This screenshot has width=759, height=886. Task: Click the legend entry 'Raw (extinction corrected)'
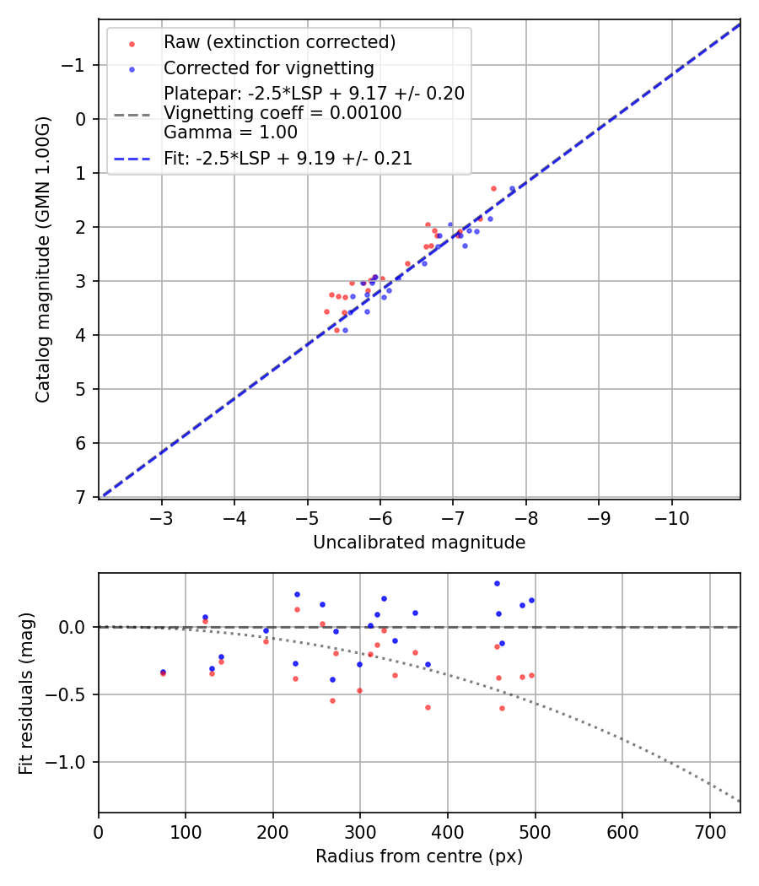point(279,42)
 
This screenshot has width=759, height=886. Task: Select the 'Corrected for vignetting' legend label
point(268,68)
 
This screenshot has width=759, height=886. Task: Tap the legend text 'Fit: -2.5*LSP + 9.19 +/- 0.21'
point(288,158)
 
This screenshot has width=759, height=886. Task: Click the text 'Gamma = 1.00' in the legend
point(230,132)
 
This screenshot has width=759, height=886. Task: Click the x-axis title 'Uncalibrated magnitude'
point(419,543)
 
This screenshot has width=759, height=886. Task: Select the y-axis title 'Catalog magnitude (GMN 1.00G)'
point(43,259)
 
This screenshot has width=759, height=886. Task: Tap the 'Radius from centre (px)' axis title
point(419,856)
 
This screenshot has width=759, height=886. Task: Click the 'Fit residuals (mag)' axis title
point(26,693)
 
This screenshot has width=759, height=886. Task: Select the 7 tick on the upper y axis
point(82,497)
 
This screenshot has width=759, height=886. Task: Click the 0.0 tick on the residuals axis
point(76,627)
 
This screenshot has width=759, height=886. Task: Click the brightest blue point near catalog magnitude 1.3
point(512,188)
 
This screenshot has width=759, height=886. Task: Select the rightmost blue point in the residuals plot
point(531,600)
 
